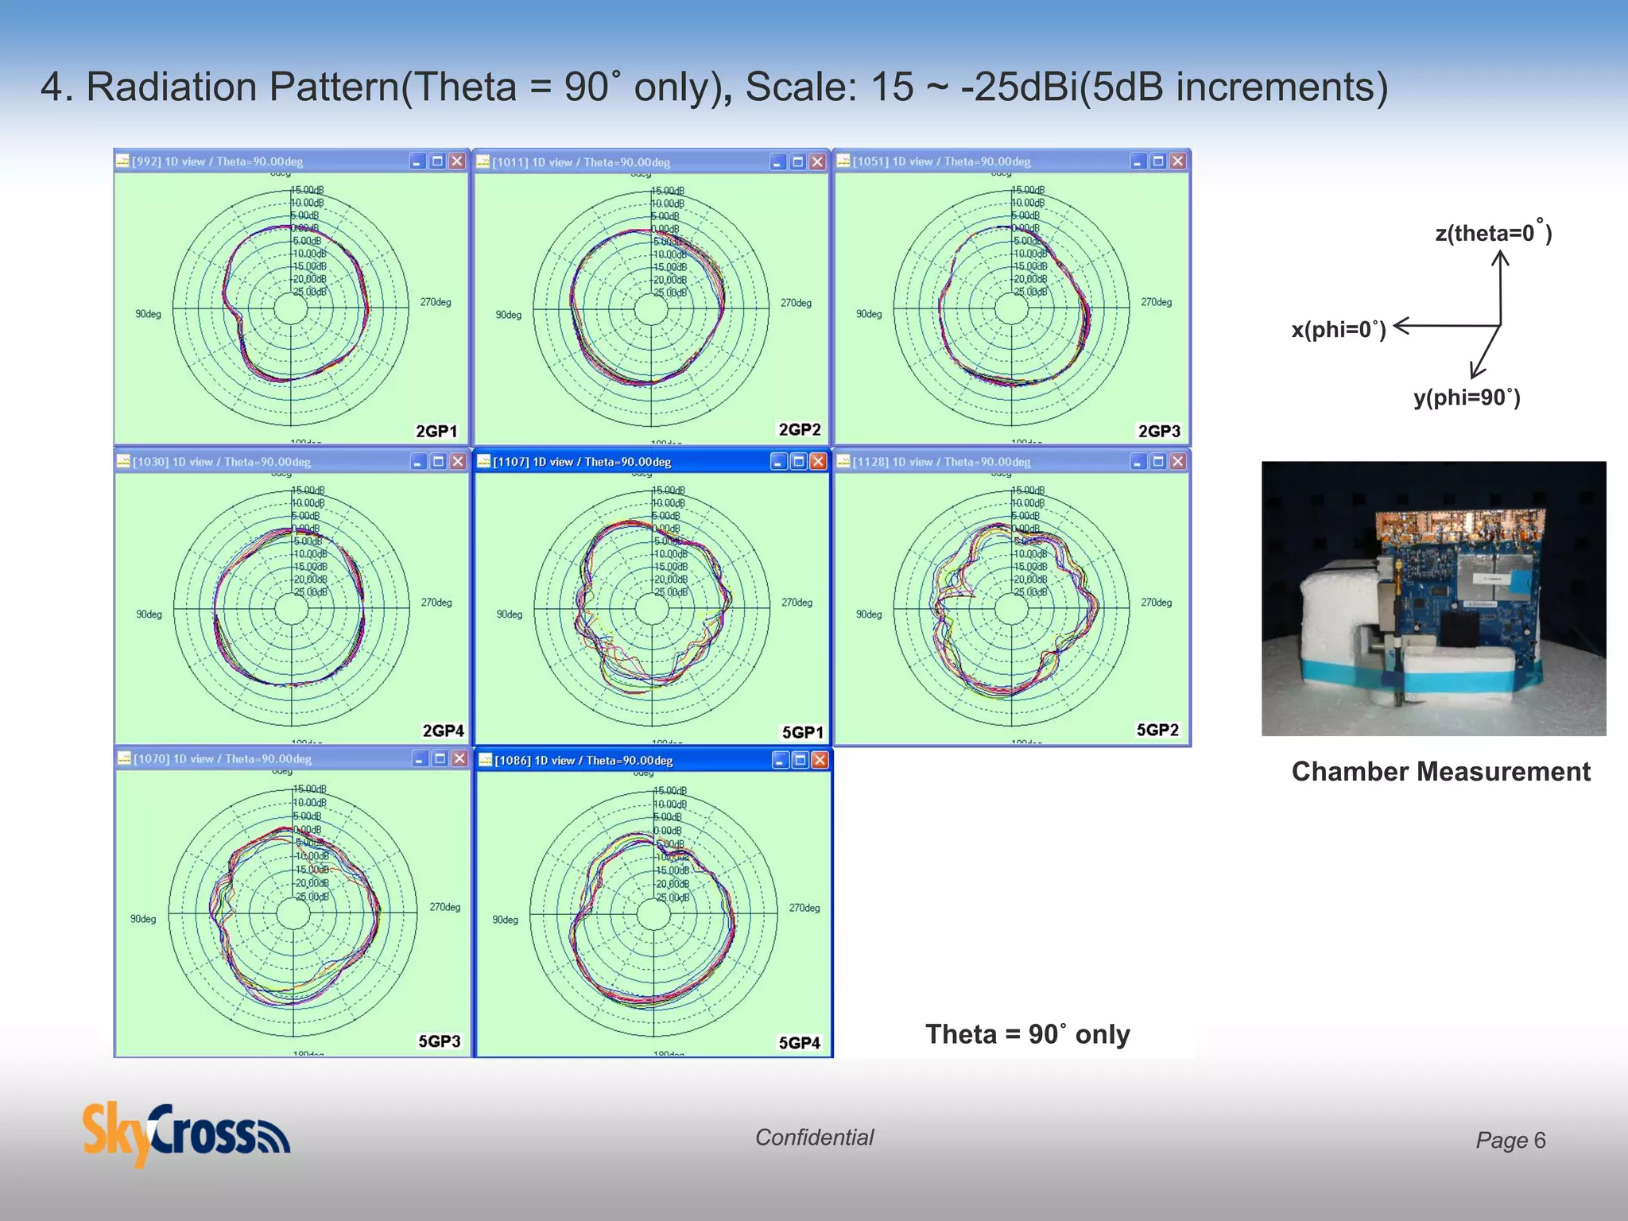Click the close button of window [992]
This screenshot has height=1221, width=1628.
[x=457, y=161]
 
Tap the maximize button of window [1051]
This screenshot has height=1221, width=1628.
[x=1158, y=161]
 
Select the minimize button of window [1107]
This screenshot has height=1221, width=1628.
[x=779, y=462]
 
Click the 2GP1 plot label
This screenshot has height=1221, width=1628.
[x=436, y=431]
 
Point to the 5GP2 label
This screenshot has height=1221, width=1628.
[x=1157, y=730]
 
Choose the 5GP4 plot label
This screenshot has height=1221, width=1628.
[x=799, y=1042]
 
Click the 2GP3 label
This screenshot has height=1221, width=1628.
[x=1159, y=431]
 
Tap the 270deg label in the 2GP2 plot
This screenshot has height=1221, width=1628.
[x=796, y=303]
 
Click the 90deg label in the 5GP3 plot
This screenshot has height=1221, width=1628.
[x=143, y=919]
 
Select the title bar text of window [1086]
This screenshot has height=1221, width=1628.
[x=583, y=761]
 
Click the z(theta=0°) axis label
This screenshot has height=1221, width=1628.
[x=1493, y=233]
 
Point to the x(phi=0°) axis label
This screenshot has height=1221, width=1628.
[x=1339, y=329]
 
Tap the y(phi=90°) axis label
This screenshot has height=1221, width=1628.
[x=1467, y=397]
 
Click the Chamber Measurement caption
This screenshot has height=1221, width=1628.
[x=1440, y=771]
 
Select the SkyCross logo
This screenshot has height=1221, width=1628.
[x=186, y=1134]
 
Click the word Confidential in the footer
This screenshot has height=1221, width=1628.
[x=814, y=1138]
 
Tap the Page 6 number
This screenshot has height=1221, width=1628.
[x=1510, y=1140]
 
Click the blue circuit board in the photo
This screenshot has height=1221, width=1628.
[x=1463, y=588]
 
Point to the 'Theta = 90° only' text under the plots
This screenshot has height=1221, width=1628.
[x=1027, y=1033]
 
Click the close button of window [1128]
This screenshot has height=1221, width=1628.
[x=1178, y=462]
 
